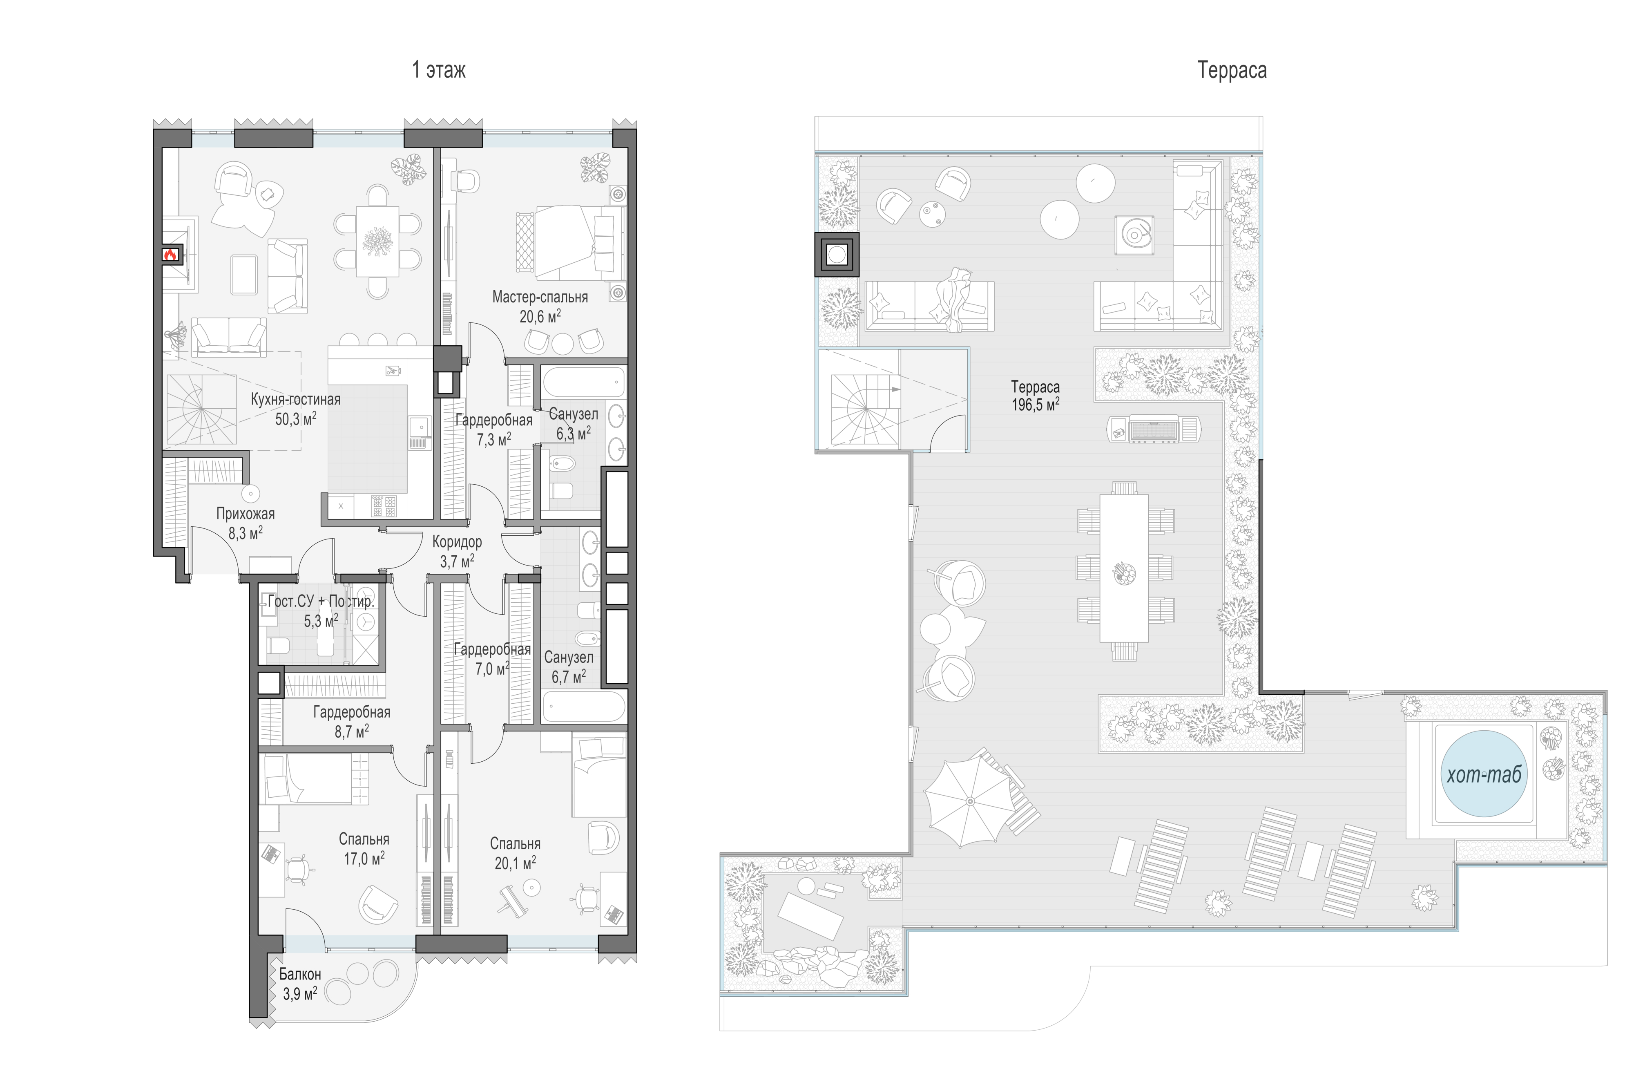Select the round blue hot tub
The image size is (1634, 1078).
pos(1484,774)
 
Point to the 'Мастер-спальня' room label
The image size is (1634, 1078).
pos(540,297)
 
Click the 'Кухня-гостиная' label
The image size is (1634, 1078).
pos(295,399)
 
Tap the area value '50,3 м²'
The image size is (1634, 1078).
pos(295,419)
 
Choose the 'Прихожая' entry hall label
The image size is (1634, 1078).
pos(246,514)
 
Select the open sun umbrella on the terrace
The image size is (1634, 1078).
pos(969,802)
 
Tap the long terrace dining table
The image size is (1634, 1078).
pos(1124,568)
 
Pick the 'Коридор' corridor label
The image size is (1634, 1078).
pos(457,542)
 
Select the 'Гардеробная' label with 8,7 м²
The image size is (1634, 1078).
pos(352,712)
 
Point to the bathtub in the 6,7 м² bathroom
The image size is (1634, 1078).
pos(584,707)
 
